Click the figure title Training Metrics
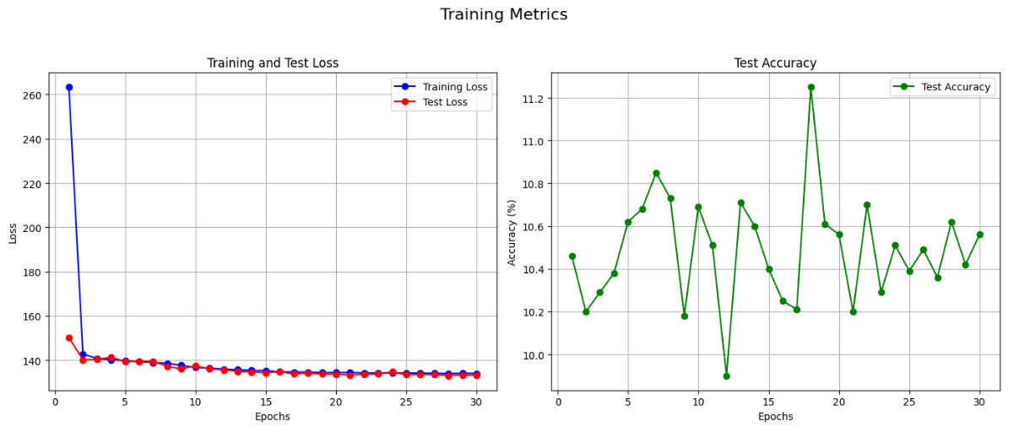click(x=504, y=14)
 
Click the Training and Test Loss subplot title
click(x=273, y=63)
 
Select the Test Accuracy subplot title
click(x=776, y=63)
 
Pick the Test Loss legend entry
click(x=444, y=102)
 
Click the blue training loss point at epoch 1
click(x=69, y=87)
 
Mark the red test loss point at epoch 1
click(x=69, y=337)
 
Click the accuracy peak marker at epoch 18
click(x=811, y=87)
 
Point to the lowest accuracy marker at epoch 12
click(x=727, y=376)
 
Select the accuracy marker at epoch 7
click(x=656, y=173)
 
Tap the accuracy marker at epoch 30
click(x=979, y=235)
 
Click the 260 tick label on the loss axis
click(x=33, y=95)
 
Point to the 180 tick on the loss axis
click(x=33, y=273)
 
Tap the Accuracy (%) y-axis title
click(x=512, y=232)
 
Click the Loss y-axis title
click(x=13, y=232)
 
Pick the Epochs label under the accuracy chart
click(x=776, y=417)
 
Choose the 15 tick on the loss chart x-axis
click(x=266, y=402)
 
